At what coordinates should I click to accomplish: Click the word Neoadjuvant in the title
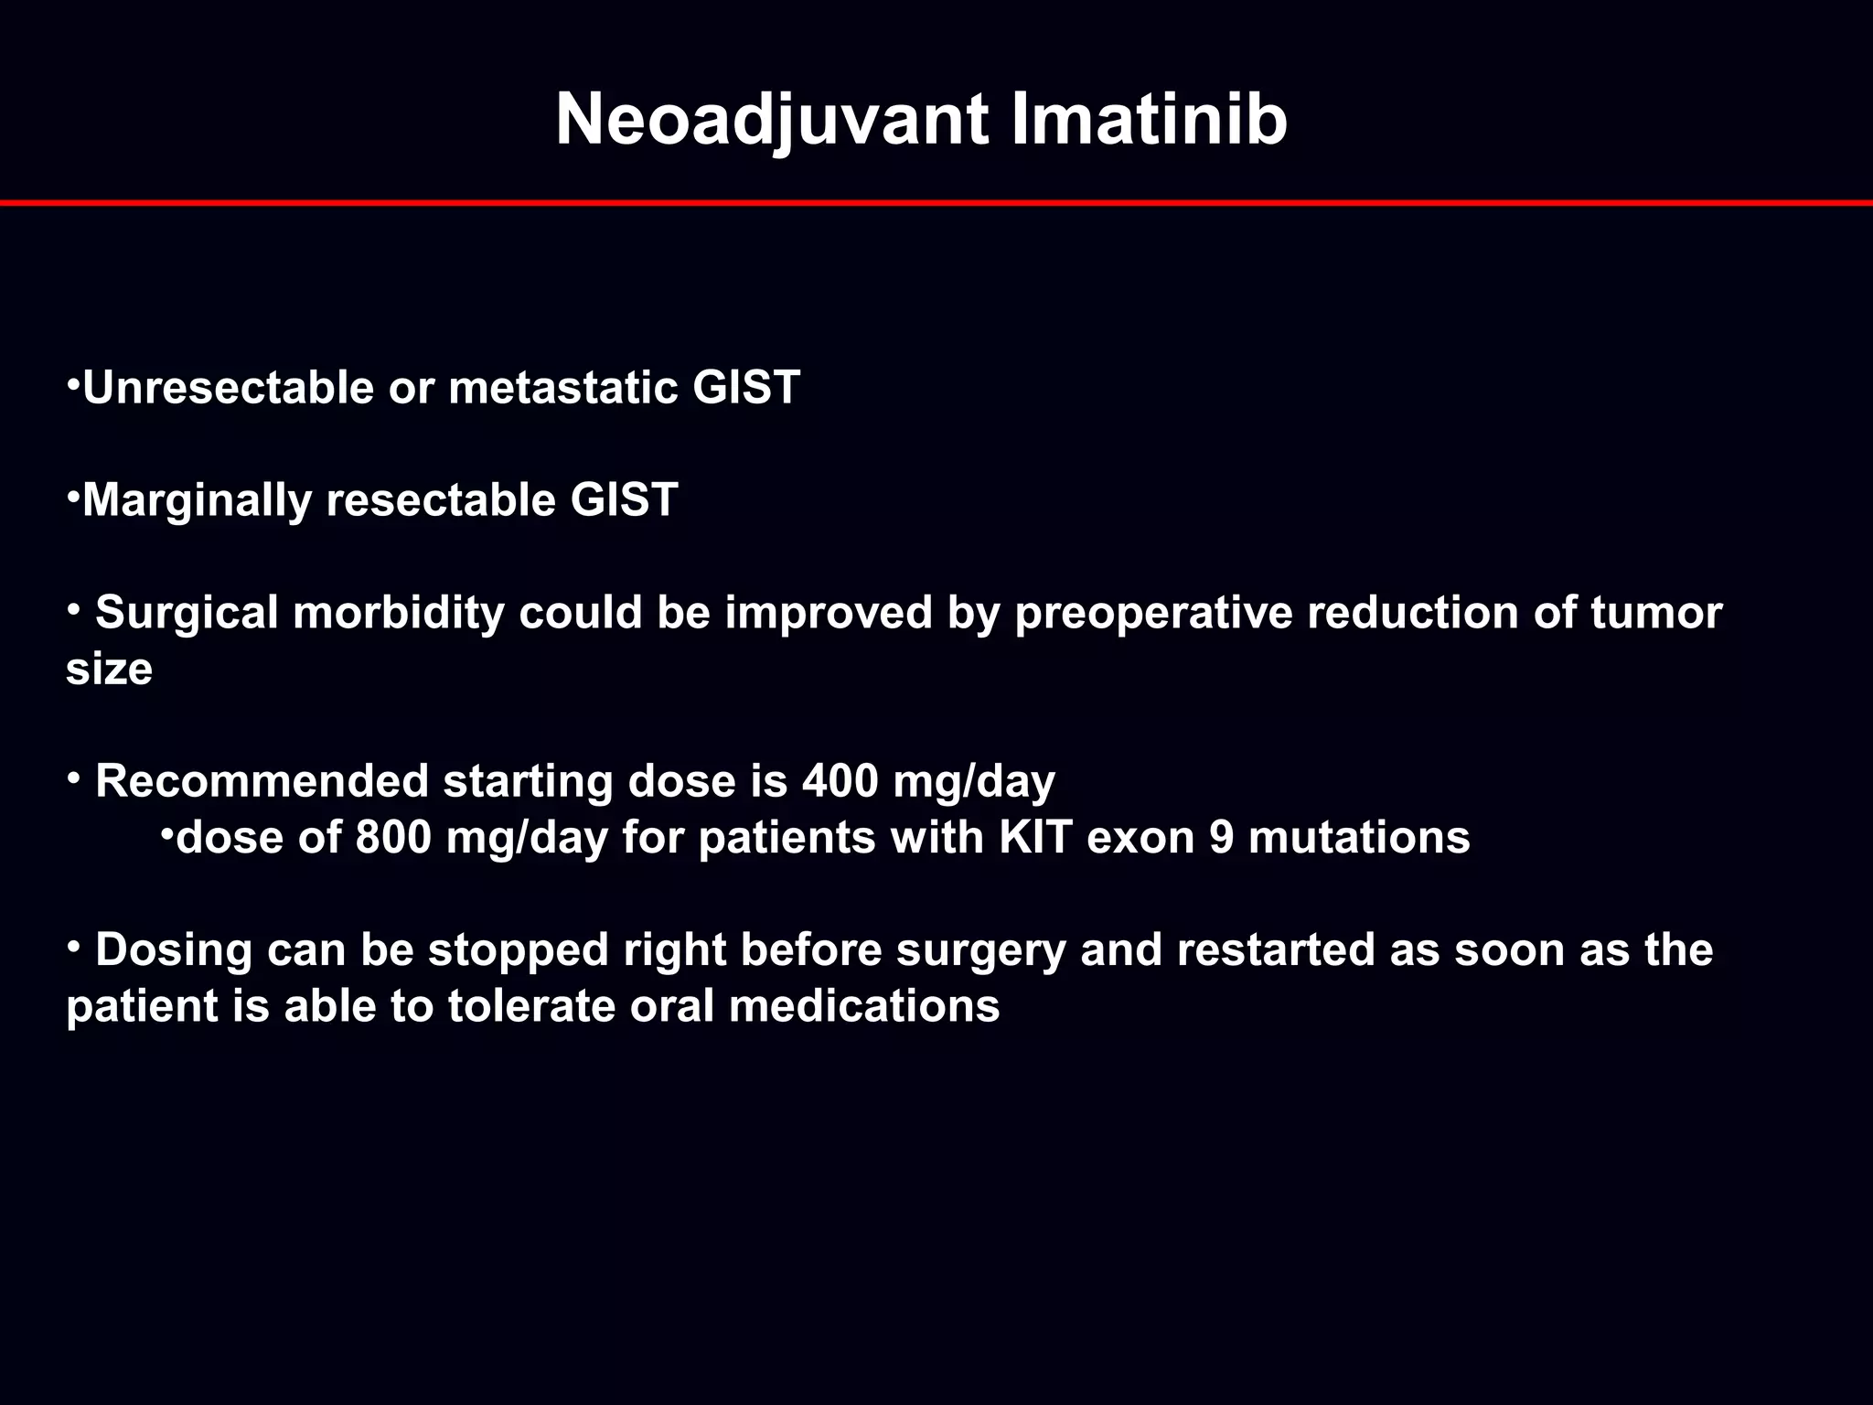click(771, 121)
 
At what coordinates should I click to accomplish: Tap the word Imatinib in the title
click(1149, 121)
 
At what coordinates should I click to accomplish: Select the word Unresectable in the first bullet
click(228, 388)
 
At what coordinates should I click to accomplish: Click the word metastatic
click(562, 388)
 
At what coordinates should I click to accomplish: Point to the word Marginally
click(197, 500)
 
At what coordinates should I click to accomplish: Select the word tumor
click(1655, 613)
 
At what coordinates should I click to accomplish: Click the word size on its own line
click(109, 670)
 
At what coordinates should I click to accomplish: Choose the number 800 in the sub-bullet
click(392, 838)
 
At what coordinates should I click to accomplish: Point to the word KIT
click(1035, 838)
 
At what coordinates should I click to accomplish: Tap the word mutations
click(1359, 838)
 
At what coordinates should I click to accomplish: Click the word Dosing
click(174, 950)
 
